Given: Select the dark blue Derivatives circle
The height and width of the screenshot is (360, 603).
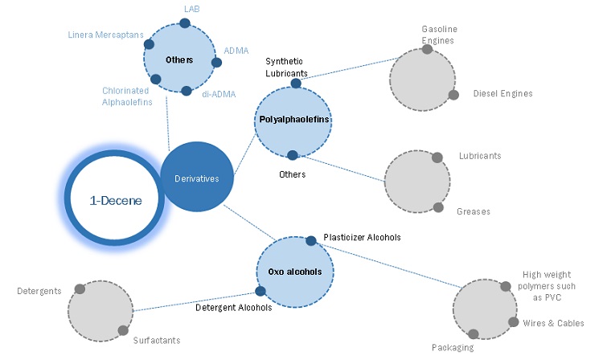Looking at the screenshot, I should click(196, 178).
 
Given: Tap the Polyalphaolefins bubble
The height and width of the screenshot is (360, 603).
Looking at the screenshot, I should click(293, 120).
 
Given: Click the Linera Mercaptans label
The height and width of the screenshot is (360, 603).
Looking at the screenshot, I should click(104, 34).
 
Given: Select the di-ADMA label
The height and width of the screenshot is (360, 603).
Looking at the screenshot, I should click(219, 93).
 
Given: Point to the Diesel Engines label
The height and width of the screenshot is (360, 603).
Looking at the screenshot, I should click(503, 94).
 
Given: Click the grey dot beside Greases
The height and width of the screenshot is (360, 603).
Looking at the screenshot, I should click(438, 207).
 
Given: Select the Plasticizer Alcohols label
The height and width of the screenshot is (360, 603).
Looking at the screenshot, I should click(362, 238).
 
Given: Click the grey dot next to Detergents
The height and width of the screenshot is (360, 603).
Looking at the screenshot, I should click(80, 289).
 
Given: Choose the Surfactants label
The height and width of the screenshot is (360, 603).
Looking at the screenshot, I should click(158, 339).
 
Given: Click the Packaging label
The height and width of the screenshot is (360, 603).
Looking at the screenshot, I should click(452, 348).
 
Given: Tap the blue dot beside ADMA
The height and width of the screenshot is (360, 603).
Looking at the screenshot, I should click(215, 62).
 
